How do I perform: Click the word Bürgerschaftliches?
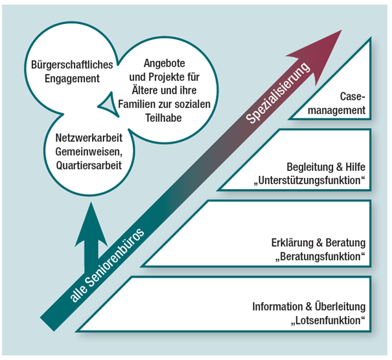(73, 65)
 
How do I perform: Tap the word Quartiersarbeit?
(89, 166)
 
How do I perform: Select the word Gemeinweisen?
(89, 152)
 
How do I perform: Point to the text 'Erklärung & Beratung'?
(318, 243)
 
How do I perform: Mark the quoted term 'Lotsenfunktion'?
(329, 321)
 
